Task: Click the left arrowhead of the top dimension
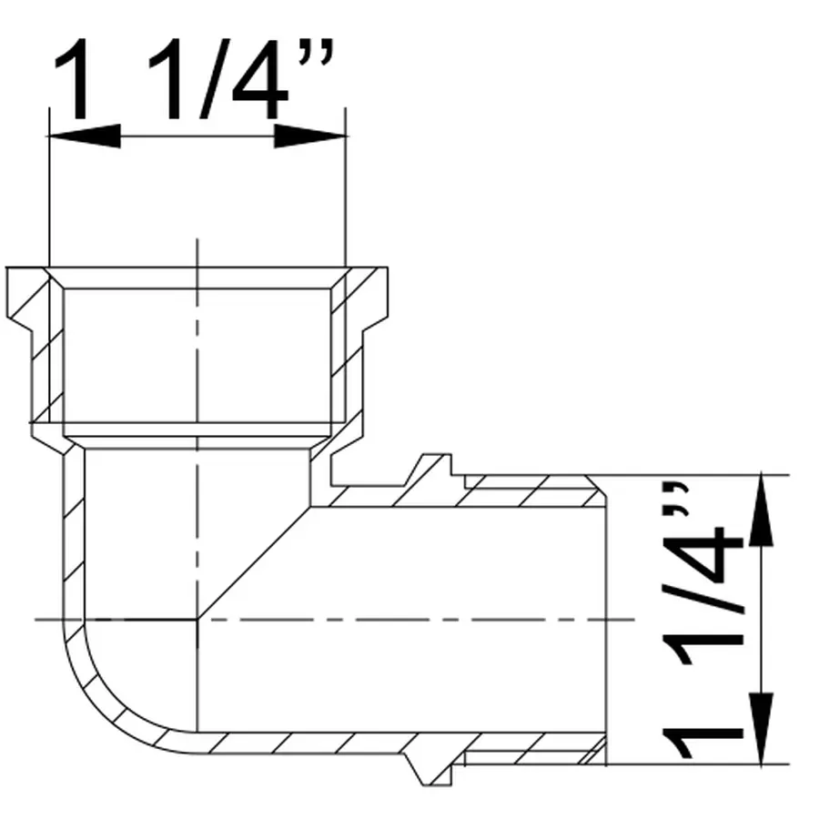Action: tap(84, 136)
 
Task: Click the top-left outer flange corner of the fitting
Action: tap(8, 268)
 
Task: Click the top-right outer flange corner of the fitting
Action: tap(387, 268)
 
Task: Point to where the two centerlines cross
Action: tap(197, 620)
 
